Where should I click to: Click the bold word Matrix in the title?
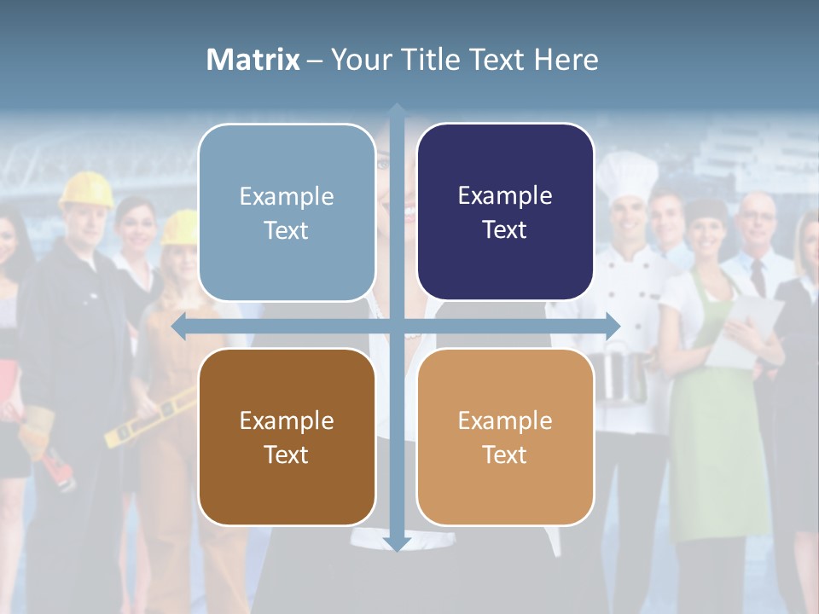click(253, 60)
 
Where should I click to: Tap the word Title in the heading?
click(438, 60)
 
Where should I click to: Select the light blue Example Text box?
click(287, 212)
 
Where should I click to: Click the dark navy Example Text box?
click(505, 211)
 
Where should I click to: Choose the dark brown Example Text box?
click(287, 437)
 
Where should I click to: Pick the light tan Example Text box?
click(505, 437)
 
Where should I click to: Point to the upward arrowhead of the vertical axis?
click(397, 111)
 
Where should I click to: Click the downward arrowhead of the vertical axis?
click(397, 543)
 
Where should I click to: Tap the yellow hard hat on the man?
click(86, 189)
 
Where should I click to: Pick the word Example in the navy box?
click(505, 195)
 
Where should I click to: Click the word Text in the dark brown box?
click(287, 455)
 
